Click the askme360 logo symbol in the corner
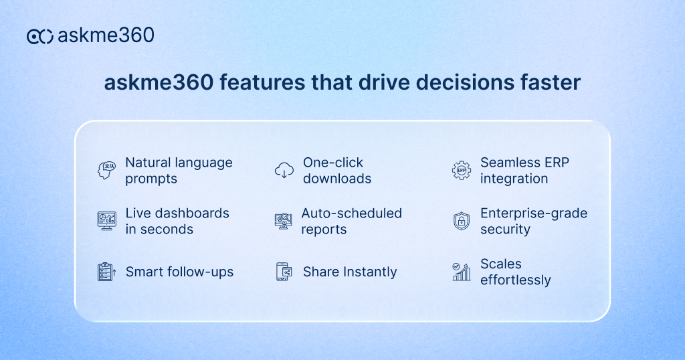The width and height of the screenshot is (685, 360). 39,36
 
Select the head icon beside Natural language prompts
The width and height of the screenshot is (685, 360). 106,171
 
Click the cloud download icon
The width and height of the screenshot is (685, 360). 284,170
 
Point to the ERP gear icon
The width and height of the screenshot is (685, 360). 462,171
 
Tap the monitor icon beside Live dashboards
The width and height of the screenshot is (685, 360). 106,221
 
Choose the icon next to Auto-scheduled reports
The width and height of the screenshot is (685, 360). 284,221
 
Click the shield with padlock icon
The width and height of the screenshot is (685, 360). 462,221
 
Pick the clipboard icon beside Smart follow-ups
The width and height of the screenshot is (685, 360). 106,272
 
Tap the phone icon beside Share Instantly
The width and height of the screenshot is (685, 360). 284,272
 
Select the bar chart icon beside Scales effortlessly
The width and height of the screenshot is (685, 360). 462,272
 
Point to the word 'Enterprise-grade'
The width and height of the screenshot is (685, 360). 534,213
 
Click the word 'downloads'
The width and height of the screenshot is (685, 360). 337,179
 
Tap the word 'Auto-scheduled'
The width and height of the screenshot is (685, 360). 352,213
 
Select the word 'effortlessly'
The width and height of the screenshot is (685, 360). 516,280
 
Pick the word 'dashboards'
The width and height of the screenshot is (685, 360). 193,213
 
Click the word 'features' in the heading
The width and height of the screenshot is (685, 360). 262,82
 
